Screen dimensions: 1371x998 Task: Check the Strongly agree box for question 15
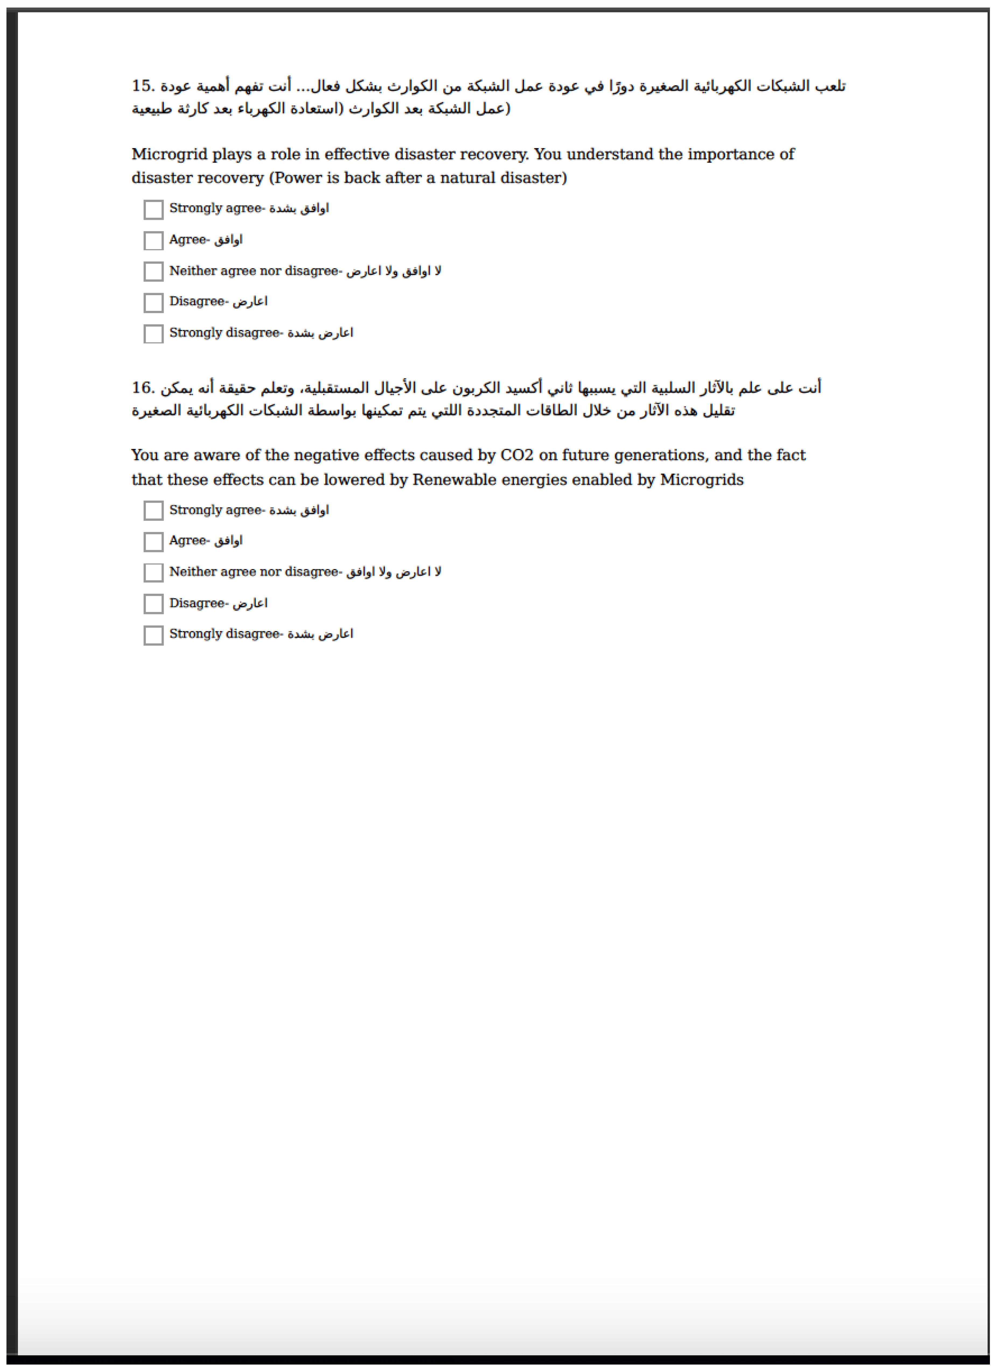153,210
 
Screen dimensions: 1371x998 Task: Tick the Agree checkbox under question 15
153,241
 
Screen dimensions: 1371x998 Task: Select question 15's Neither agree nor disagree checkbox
153,272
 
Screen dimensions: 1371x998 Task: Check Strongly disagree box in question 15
153,334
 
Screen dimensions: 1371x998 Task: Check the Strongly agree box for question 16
153,511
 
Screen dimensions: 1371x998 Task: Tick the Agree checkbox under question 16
153,542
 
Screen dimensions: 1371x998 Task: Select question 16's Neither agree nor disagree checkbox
153,572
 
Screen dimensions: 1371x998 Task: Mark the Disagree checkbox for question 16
153,604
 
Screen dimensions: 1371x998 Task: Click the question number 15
143,86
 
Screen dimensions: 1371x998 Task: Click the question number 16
143,388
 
